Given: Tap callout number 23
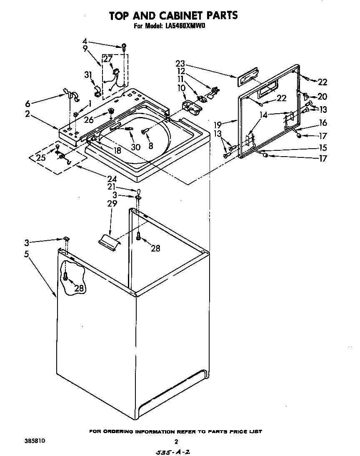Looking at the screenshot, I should pos(180,65).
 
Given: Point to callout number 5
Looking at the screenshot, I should pos(26,254).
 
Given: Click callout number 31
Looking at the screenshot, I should pos(88,75).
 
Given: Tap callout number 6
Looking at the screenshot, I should pos(27,103).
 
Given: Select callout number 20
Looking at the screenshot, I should pos(322,97).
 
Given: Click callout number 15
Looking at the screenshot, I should pos(322,147).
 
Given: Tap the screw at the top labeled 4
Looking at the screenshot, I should pos(124,47).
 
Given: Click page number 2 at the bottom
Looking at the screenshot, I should pos(176,442).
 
